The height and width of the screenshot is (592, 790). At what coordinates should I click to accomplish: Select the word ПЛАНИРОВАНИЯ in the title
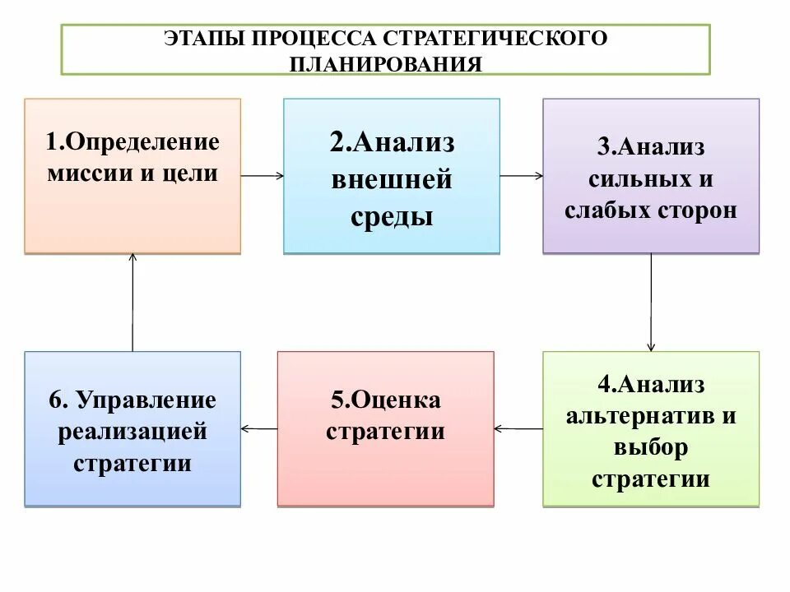pos(385,64)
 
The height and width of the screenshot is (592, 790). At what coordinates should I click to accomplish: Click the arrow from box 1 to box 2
pos(263,175)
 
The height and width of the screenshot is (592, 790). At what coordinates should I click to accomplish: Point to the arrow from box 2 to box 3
pos(521,175)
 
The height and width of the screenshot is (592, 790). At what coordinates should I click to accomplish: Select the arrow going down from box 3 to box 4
pos(651,302)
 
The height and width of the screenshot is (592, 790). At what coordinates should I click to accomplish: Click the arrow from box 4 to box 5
pos(518,428)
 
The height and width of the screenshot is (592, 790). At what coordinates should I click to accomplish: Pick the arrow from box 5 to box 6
pos(259,428)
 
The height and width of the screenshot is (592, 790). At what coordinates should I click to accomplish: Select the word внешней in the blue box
pos(392,180)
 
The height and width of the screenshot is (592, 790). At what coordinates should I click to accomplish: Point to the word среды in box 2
pos(392,218)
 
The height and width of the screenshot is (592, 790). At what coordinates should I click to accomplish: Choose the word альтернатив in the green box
pos(640,414)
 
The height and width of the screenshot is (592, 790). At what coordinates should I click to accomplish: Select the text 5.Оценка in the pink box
pos(386,400)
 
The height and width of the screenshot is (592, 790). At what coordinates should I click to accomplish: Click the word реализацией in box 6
pos(132,432)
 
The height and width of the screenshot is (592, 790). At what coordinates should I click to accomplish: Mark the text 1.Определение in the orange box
pos(132,142)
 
